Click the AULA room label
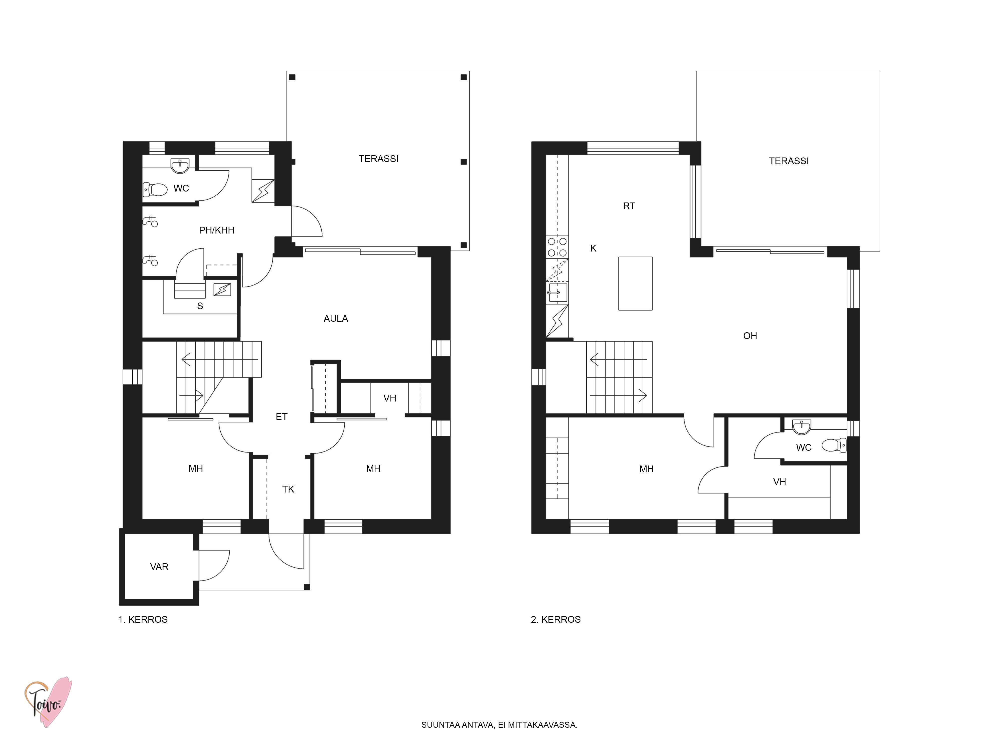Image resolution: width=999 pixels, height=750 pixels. [336, 319]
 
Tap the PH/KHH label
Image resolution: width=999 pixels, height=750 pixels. [217, 230]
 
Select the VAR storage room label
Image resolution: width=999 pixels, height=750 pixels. [159, 567]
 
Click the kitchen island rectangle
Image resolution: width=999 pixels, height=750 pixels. [635, 283]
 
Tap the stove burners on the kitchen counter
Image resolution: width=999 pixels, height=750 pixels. [557, 247]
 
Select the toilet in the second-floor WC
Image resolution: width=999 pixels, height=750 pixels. [834, 445]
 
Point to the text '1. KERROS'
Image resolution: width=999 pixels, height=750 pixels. [143, 620]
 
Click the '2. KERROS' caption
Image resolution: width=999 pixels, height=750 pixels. [555, 620]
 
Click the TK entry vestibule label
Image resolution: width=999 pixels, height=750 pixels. [288, 489]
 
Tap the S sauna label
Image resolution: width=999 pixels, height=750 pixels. [200, 306]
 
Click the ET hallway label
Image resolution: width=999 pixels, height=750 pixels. [281, 417]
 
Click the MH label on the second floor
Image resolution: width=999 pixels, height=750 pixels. [646, 469]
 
